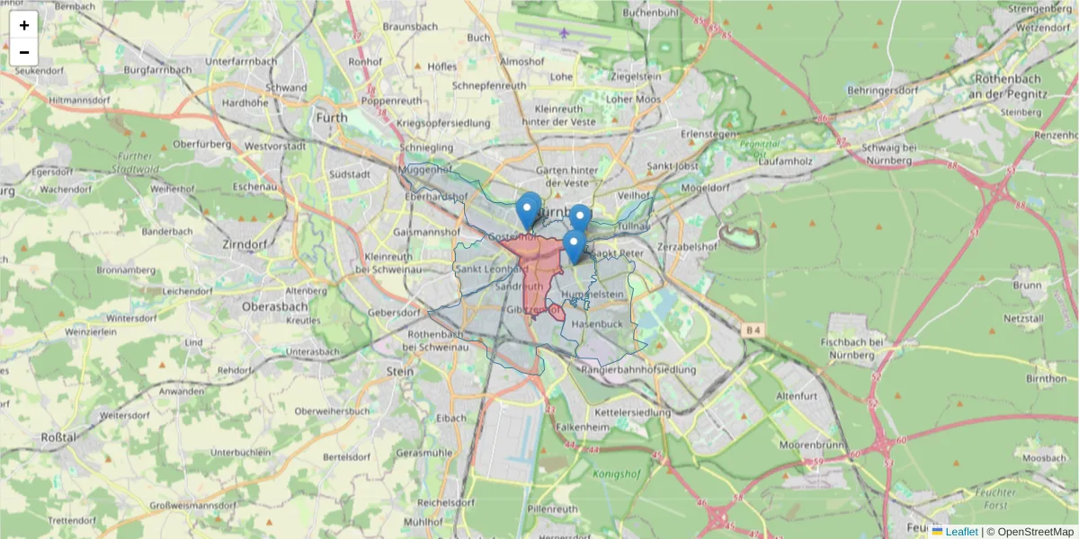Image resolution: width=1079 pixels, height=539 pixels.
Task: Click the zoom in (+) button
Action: (x=24, y=25)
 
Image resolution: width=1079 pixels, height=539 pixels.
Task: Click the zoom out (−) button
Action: (x=24, y=52)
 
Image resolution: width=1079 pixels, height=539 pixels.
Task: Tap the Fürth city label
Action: (x=332, y=118)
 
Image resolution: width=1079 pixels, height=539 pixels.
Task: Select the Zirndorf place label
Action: (x=245, y=244)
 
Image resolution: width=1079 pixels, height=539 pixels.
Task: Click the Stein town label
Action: (x=400, y=371)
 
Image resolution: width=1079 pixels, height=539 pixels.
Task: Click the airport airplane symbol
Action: (x=565, y=34)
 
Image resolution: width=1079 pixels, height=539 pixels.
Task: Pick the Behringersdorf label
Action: (x=882, y=91)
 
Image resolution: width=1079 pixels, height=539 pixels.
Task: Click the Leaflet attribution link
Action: (x=960, y=532)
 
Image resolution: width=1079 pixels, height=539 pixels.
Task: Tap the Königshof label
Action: (x=615, y=473)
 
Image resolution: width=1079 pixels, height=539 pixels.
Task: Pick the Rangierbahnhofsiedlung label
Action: (x=638, y=369)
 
